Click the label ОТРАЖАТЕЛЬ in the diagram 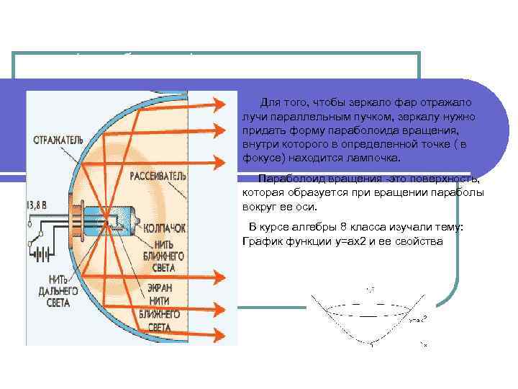pos(57,138)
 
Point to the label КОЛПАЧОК pos(165,227)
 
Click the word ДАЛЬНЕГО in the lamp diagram pos(53,292)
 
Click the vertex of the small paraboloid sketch pos(371,344)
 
